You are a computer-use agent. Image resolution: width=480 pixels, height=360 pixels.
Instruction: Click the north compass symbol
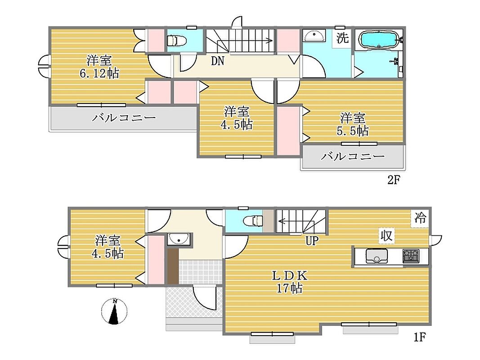coord(114,311)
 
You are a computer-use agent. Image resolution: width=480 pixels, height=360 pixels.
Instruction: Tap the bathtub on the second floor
coord(380,39)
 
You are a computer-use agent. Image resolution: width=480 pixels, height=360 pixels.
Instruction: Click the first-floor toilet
coord(253,220)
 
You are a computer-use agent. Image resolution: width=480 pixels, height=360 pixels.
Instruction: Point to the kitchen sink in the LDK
coord(376,256)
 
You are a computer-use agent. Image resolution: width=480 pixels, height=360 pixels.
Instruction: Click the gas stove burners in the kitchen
coord(411,256)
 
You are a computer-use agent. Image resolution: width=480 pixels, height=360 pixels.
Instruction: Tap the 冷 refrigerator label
coord(420,218)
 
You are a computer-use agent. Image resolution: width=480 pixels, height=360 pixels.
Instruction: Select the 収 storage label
coord(386,236)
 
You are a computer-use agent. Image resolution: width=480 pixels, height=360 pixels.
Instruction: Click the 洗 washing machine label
coord(342,38)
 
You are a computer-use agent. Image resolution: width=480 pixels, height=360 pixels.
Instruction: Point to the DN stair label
coord(218,61)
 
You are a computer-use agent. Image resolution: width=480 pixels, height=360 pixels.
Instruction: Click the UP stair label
coord(312,241)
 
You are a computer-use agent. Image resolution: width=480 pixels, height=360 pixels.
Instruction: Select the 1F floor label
coord(420,337)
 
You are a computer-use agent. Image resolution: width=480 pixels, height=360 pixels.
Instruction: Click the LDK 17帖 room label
coord(290,282)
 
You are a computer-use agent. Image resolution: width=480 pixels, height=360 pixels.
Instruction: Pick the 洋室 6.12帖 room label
coord(99,67)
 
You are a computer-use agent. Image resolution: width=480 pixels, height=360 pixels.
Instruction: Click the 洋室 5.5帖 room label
coord(353,124)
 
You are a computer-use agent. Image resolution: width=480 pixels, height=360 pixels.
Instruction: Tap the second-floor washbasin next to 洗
coord(314,36)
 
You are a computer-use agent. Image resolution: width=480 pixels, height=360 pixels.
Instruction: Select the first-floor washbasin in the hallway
coord(179,239)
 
